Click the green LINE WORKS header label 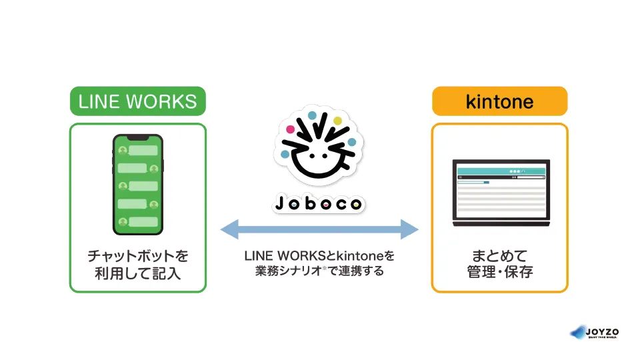[x=138, y=101]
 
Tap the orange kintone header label [x=499, y=101]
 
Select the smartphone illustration [x=138, y=184]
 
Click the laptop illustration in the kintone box [x=501, y=191]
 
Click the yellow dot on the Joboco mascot [x=337, y=121]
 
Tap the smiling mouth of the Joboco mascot [x=319, y=168]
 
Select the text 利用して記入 [x=138, y=273]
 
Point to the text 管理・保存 [x=500, y=273]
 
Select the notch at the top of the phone [x=138, y=137]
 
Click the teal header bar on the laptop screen [x=501, y=171]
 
